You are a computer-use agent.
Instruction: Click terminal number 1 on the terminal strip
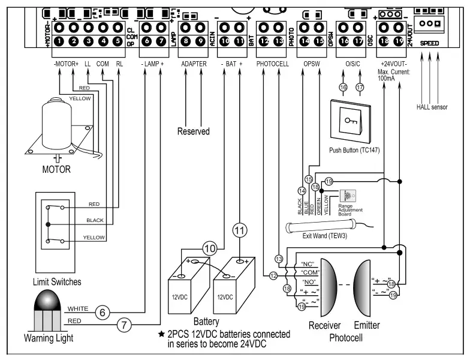tap(59, 41)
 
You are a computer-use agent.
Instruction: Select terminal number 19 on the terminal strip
tap(398, 41)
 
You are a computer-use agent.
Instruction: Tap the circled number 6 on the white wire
tap(102, 312)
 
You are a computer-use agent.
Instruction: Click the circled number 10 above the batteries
tap(209, 248)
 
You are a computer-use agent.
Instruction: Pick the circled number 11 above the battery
tap(240, 229)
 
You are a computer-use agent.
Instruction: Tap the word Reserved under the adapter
tap(194, 131)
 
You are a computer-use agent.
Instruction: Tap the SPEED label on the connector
tap(429, 43)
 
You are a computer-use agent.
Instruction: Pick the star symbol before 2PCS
tap(161, 334)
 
